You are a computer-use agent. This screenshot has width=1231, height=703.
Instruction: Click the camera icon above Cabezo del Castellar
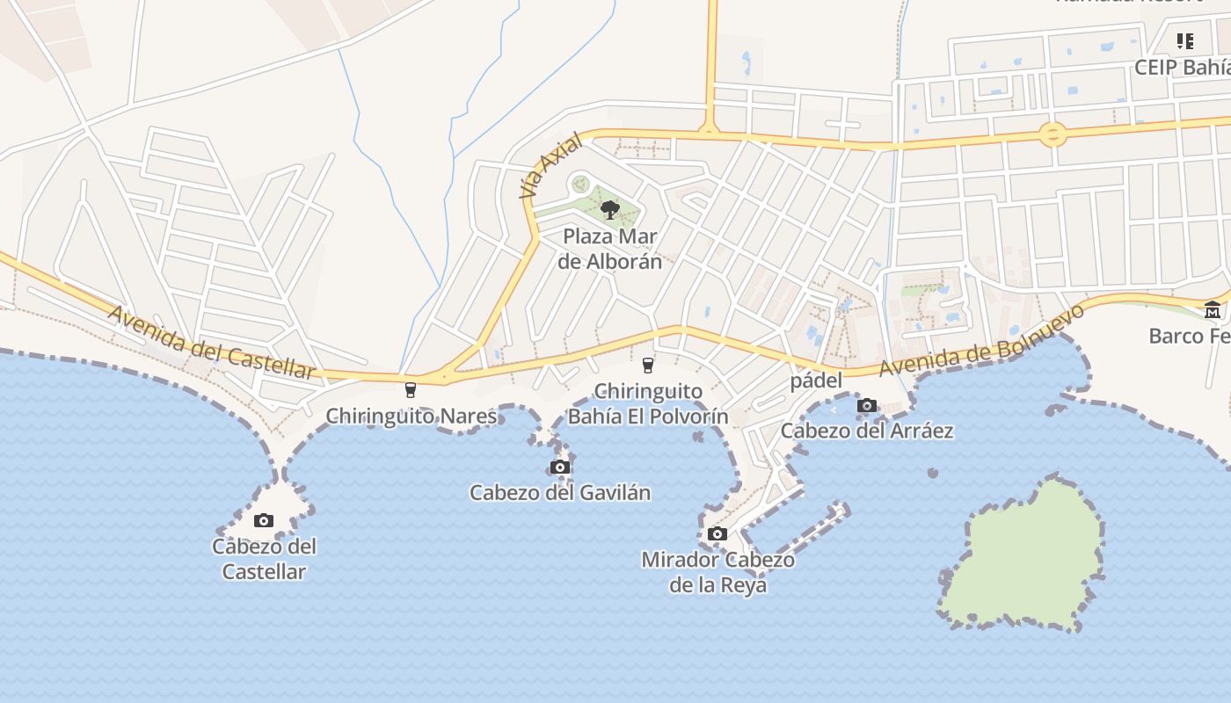pyautogui.click(x=264, y=520)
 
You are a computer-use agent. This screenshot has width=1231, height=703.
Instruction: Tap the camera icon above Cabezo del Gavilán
pyautogui.click(x=560, y=467)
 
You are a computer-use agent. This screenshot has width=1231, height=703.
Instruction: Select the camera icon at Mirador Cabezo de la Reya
pyautogui.click(x=717, y=533)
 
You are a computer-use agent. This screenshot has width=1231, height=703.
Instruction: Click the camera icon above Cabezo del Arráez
pyautogui.click(x=867, y=405)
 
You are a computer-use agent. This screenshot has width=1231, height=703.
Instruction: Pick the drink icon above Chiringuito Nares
pyautogui.click(x=410, y=389)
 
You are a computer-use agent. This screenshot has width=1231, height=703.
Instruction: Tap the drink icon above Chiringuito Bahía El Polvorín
pyautogui.click(x=649, y=365)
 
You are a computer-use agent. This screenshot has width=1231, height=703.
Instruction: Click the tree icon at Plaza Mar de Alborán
pyautogui.click(x=609, y=209)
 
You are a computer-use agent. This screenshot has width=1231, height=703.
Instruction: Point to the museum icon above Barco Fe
pyautogui.click(x=1213, y=309)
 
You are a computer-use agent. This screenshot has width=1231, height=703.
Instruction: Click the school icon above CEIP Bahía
pyautogui.click(x=1185, y=40)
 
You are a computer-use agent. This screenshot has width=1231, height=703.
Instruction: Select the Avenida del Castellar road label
pyautogui.click(x=211, y=343)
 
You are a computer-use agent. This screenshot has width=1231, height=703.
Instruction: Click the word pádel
pyautogui.click(x=816, y=380)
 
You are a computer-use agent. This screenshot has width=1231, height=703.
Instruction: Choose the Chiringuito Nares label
pyautogui.click(x=412, y=416)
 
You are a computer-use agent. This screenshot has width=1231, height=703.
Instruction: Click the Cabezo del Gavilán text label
pyautogui.click(x=560, y=492)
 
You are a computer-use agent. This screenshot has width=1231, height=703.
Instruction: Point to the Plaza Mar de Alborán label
pyautogui.click(x=610, y=249)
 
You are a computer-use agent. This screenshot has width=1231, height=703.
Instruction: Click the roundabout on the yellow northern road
pyautogui.click(x=1053, y=134)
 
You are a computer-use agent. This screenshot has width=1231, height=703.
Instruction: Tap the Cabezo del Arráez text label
pyautogui.click(x=867, y=431)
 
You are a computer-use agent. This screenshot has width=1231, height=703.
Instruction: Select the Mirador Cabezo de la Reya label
pyautogui.click(x=717, y=572)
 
